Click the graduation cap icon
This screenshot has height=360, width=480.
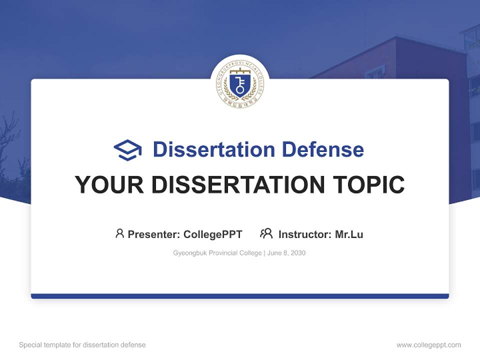(127, 150)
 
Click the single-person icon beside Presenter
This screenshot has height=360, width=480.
(119, 233)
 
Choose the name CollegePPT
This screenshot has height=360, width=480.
(213, 234)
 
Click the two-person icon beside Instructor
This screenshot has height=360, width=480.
(266, 233)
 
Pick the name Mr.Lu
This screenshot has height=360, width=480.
(349, 234)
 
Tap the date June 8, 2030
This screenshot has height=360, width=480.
(286, 253)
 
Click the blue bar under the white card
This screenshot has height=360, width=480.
(240, 296)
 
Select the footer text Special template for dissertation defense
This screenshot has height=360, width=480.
(82, 345)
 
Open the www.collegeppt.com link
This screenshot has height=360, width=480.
(428, 345)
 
